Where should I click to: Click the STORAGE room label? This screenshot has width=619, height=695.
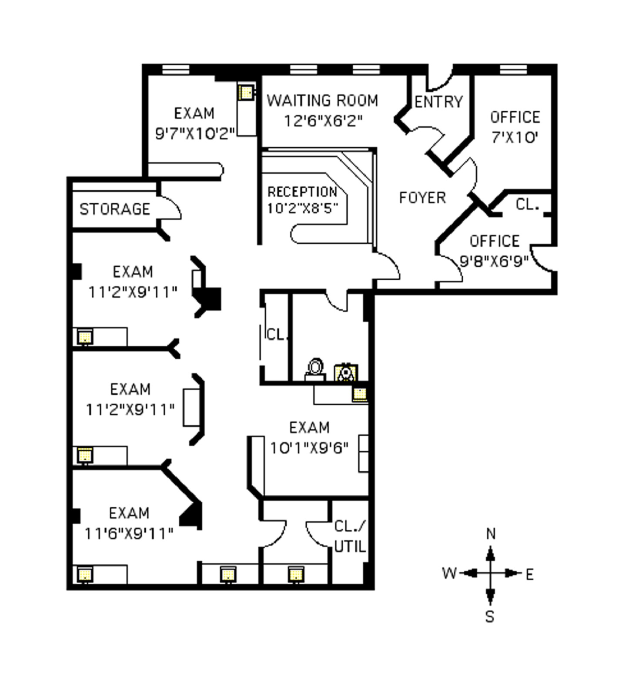tap(115, 209)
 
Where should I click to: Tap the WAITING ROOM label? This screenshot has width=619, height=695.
tap(322, 101)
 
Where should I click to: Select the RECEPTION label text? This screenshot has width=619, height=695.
tap(302, 192)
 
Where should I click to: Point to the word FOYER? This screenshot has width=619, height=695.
tap(422, 198)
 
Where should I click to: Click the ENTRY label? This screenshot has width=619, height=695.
tap(438, 102)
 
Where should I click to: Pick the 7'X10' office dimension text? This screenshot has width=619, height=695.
tap(515, 138)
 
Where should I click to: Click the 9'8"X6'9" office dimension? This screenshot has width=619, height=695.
tap(494, 261)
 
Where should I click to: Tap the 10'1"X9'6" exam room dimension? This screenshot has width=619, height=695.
tap(309, 448)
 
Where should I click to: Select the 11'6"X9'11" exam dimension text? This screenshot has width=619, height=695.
tap(129, 533)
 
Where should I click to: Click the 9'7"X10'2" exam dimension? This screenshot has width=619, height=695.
tap(195, 133)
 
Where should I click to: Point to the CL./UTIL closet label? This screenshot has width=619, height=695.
tap(350, 536)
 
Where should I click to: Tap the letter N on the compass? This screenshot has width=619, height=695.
tap(491, 534)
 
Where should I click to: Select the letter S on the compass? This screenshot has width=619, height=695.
tap(490, 617)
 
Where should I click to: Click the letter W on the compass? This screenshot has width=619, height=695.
tap(449, 573)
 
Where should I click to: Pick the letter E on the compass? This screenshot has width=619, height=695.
tap(529, 575)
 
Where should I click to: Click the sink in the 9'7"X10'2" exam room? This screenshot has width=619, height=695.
tap(246, 92)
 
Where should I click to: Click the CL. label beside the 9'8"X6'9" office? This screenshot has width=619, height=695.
tap(527, 205)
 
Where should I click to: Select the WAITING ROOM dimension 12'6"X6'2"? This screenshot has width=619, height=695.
tap(323, 121)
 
